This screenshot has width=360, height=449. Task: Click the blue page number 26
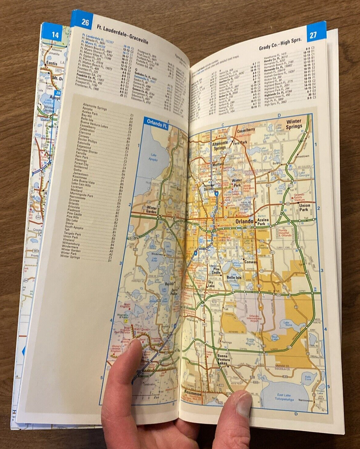pyautogui.click(x=85, y=21)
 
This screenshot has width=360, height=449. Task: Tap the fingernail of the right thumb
pyautogui.click(x=243, y=405)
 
